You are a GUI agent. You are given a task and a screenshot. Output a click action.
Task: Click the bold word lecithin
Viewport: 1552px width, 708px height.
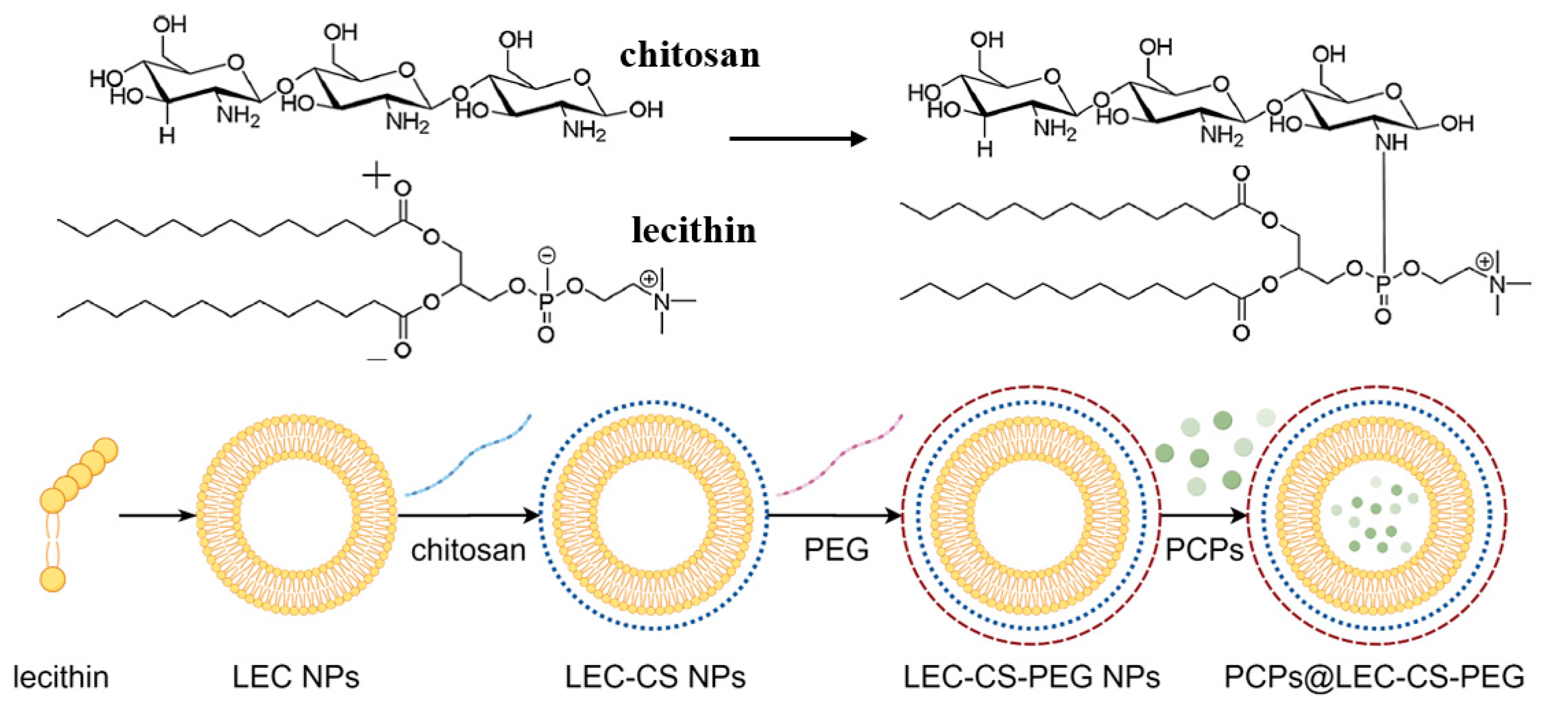point(694,231)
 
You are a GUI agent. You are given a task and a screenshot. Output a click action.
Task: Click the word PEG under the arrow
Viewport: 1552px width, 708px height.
point(836,550)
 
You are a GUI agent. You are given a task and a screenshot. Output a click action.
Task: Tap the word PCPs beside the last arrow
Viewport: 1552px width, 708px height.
point(1204,550)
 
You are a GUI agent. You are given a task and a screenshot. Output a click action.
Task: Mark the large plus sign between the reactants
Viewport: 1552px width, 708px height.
point(376,175)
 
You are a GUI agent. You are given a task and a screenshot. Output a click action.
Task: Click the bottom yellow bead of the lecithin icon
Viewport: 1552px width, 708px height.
point(52,578)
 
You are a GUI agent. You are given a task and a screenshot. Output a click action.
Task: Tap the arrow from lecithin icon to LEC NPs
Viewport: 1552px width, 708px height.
point(157,516)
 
